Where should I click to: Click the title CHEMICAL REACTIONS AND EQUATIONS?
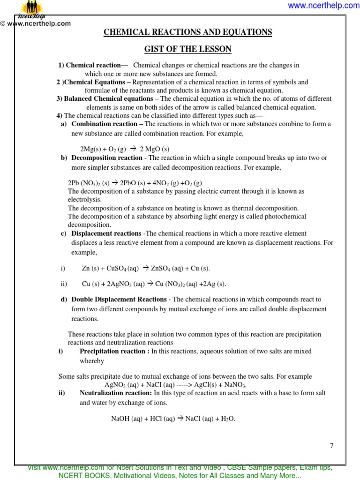187,32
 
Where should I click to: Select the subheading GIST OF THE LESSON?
187,49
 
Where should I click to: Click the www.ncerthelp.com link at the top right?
323,6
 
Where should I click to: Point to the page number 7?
331,446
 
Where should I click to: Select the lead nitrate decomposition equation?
135,183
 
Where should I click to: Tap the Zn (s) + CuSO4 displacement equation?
146,268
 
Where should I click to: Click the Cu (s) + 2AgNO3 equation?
154,284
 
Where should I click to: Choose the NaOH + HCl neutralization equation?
173,419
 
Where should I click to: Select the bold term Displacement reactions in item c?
106,233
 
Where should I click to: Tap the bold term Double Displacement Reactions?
119,299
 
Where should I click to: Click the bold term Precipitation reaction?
114,351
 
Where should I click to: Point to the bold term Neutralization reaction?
116,393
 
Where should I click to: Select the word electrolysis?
84,199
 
